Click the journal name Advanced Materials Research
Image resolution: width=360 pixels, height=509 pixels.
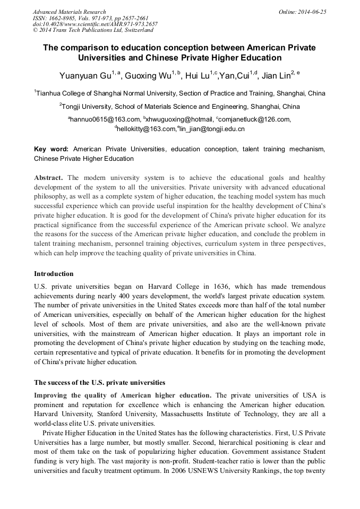coord(69,12)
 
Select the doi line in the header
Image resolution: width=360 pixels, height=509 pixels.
coord(95,24)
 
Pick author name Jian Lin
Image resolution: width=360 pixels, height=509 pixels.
coord(271,76)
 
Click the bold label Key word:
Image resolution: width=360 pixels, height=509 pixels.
coord(51,150)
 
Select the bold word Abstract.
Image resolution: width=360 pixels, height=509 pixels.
coord(48,178)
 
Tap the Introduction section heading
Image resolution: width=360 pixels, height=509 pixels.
coord(54,274)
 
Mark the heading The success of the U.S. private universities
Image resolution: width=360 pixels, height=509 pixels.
coord(99,382)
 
